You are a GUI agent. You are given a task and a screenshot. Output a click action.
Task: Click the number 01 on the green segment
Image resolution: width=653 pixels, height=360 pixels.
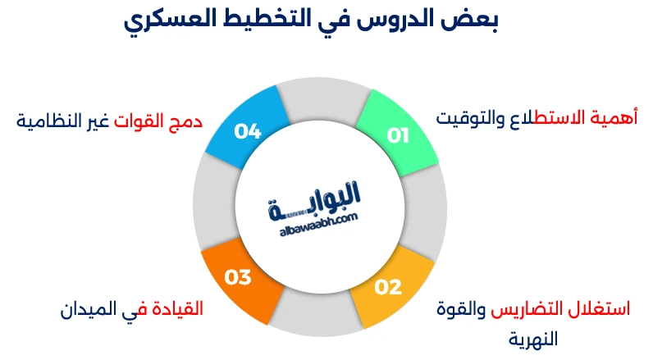coord(398,135)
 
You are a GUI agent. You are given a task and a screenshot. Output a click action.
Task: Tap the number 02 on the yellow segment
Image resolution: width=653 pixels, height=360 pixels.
coord(388,287)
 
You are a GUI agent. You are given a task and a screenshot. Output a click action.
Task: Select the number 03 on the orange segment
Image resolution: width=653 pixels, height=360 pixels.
coord(237,278)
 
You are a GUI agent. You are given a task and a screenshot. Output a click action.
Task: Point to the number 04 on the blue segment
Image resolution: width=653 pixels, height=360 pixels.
coord(247,131)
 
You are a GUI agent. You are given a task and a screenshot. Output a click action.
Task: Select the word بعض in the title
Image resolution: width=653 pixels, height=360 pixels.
coord(477,20)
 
